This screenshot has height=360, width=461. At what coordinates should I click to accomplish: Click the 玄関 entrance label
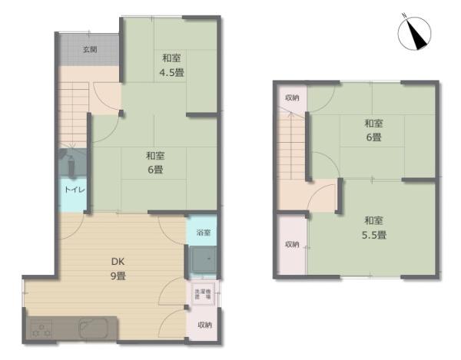click(90, 50)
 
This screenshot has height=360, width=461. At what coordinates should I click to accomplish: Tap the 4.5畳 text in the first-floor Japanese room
click(171, 74)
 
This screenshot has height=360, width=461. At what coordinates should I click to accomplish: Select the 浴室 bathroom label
click(203, 231)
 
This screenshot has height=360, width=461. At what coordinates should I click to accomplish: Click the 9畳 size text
click(118, 276)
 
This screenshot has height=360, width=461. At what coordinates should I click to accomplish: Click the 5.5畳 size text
click(375, 235)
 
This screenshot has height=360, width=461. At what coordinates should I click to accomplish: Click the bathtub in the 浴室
click(204, 260)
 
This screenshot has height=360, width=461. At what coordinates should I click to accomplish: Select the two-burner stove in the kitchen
click(41, 332)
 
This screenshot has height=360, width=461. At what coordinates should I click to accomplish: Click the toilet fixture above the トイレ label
click(68, 163)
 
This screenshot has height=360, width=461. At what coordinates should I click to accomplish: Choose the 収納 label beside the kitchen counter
click(203, 325)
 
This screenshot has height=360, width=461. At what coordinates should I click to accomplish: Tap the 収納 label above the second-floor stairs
click(292, 97)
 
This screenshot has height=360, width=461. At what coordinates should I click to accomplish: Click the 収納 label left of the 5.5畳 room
click(292, 244)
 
